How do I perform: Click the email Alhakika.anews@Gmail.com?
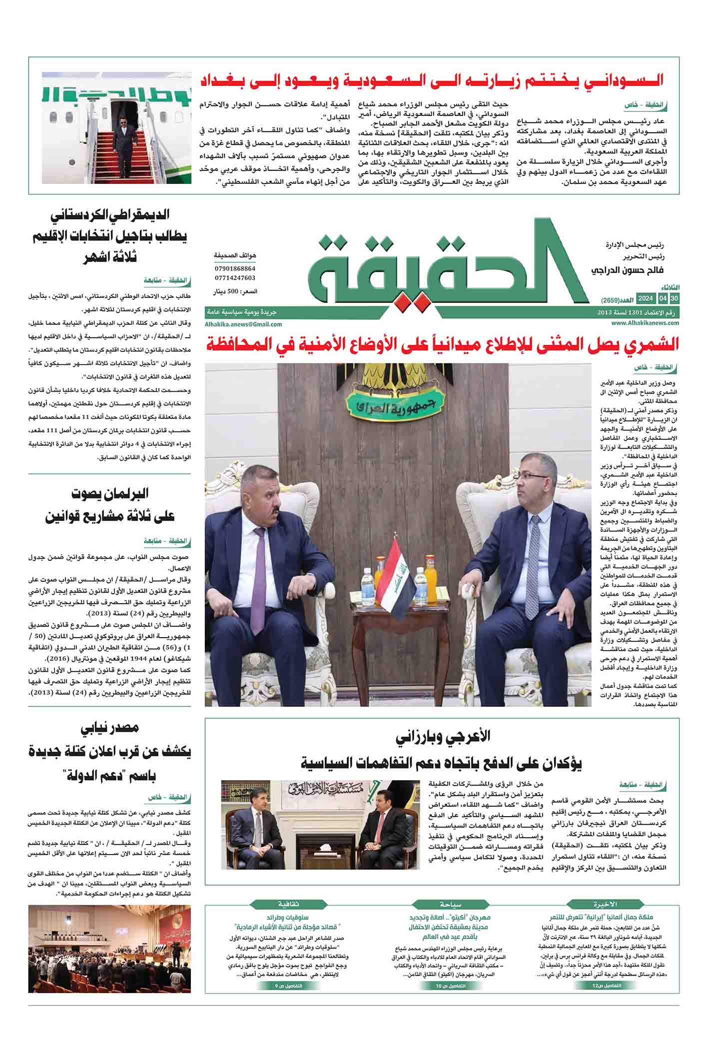tap(243, 324)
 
